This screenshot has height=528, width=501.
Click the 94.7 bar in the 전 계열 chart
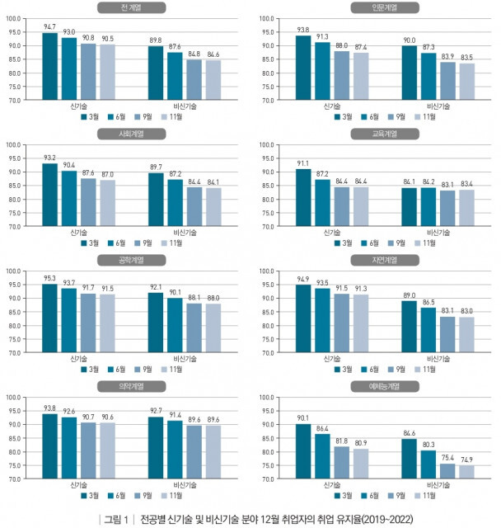point(50,67)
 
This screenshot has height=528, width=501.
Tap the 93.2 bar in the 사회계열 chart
point(50,195)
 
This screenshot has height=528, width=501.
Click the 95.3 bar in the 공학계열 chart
point(50,318)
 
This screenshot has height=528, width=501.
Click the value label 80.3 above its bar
point(427,445)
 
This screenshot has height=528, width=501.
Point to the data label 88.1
point(193,298)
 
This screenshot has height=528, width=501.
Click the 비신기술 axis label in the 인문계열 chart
point(438,106)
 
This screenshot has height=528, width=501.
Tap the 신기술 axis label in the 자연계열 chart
point(333,359)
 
